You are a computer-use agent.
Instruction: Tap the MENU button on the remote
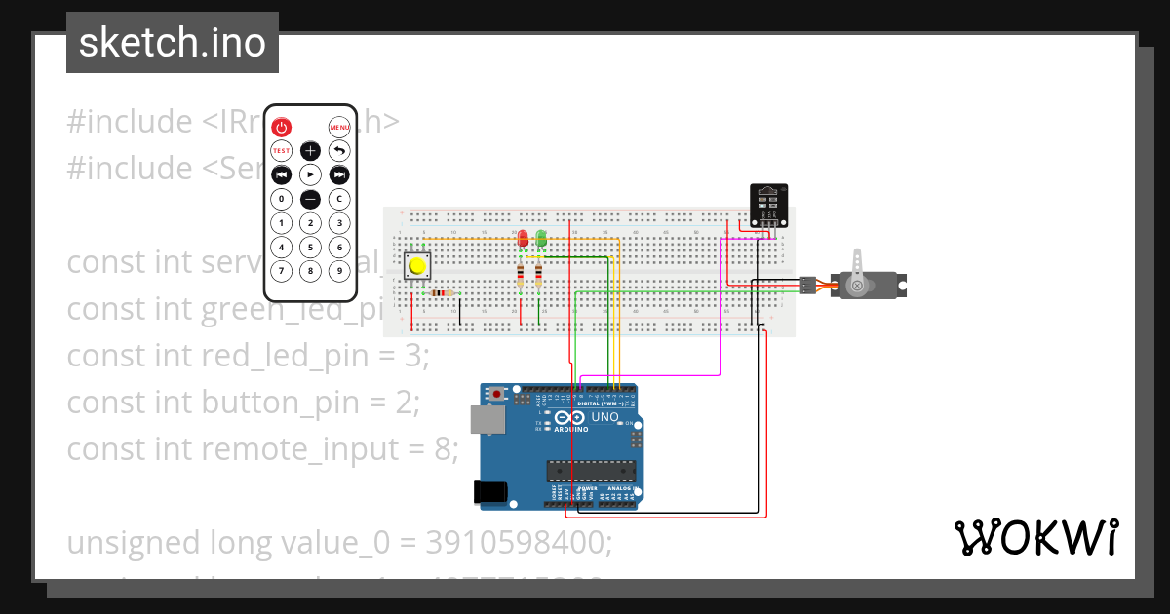click(x=339, y=127)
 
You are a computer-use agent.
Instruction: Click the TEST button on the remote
click(x=281, y=150)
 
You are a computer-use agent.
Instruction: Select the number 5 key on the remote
click(x=310, y=247)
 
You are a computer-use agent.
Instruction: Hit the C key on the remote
click(x=339, y=199)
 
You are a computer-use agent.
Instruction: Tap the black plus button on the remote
click(x=310, y=150)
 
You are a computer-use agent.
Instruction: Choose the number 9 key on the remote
click(x=339, y=271)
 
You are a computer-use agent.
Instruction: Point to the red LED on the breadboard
click(x=523, y=239)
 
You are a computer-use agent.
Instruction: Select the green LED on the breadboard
click(x=540, y=239)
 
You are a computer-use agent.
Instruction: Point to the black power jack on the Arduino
click(x=490, y=492)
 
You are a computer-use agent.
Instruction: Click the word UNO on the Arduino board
click(x=605, y=417)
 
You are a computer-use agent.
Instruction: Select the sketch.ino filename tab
click(x=173, y=43)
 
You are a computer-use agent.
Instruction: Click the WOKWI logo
click(x=1035, y=538)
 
